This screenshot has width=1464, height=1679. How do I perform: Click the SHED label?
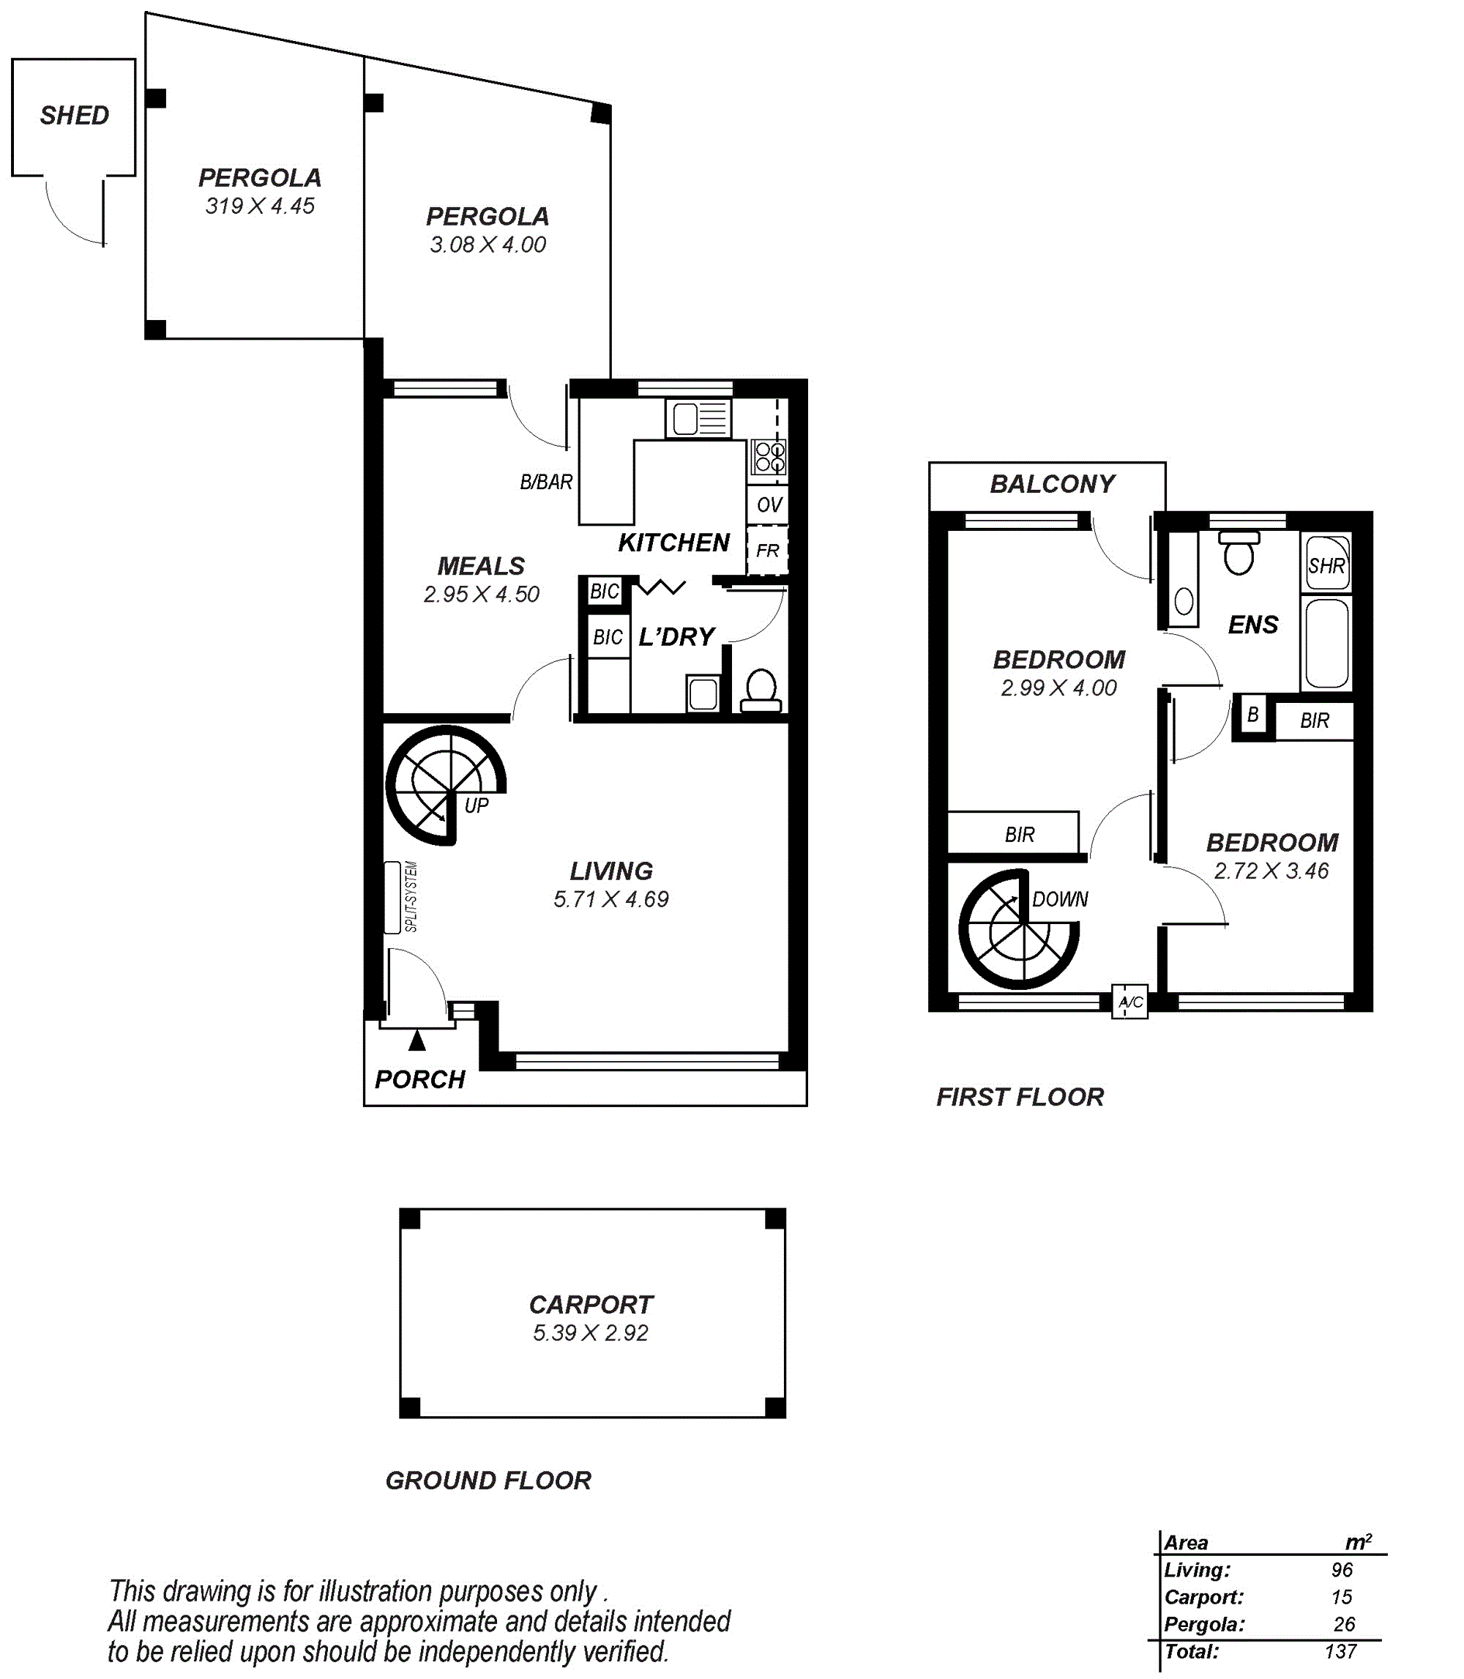pyautogui.click(x=75, y=115)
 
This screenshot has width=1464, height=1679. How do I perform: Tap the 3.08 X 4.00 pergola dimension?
pyautogui.click(x=488, y=245)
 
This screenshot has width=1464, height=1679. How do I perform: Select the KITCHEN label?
pyautogui.click(x=673, y=543)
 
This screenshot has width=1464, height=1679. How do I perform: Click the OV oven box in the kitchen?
pyautogui.click(x=768, y=505)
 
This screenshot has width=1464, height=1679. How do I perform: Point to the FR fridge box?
pyautogui.click(x=768, y=550)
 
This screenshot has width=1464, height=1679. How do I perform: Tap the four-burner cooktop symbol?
pyautogui.click(x=769, y=458)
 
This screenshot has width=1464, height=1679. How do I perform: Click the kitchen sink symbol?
pyautogui.click(x=698, y=419)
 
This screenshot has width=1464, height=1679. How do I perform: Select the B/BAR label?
pyautogui.click(x=546, y=482)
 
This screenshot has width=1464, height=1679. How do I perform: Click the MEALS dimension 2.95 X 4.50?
pyautogui.click(x=481, y=594)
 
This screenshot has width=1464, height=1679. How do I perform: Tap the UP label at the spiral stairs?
pyautogui.click(x=477, y=805)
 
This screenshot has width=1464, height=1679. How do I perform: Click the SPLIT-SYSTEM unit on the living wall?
pyautogui.click(x=392, y=897)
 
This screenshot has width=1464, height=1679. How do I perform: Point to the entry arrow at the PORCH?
pyautogui.click(x=417, y=1039)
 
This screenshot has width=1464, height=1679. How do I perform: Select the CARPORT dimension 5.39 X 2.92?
pyautogui.click(x=590, y=1333)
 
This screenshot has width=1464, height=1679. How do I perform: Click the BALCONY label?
pyautogui.click(x=1053, y=484)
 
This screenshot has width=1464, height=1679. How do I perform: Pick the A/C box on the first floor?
pyautogui.click(x=1130, y=1002)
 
